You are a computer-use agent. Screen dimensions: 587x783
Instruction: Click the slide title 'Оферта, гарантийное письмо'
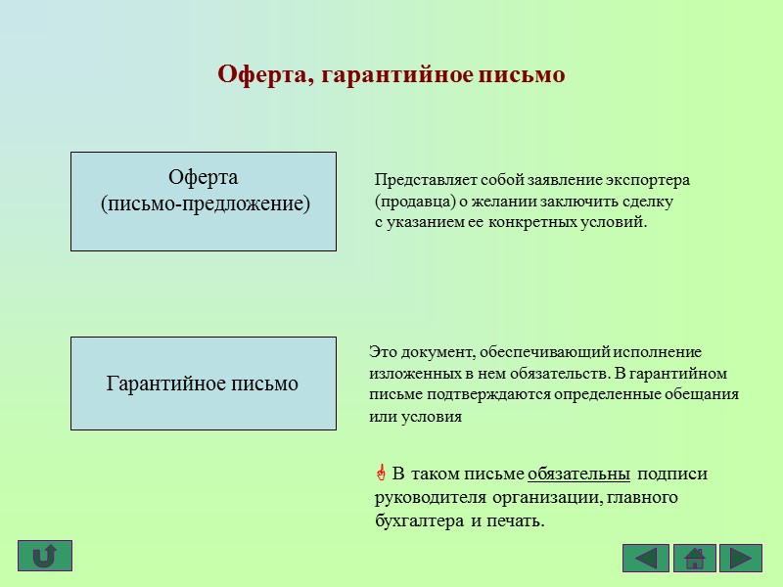coord(391,74)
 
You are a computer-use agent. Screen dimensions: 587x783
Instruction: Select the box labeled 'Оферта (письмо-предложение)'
coord(204,202)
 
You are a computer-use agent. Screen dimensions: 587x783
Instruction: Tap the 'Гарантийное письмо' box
coord(204,384)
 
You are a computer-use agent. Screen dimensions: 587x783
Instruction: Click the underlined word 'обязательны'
coord(578,474)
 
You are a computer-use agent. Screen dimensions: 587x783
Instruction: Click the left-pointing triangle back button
coord(645,558)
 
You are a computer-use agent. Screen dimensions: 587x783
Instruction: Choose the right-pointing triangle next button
coord(741,558)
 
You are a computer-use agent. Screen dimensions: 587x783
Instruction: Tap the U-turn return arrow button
coord(44,556)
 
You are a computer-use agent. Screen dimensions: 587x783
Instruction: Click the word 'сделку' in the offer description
coord(651,202)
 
